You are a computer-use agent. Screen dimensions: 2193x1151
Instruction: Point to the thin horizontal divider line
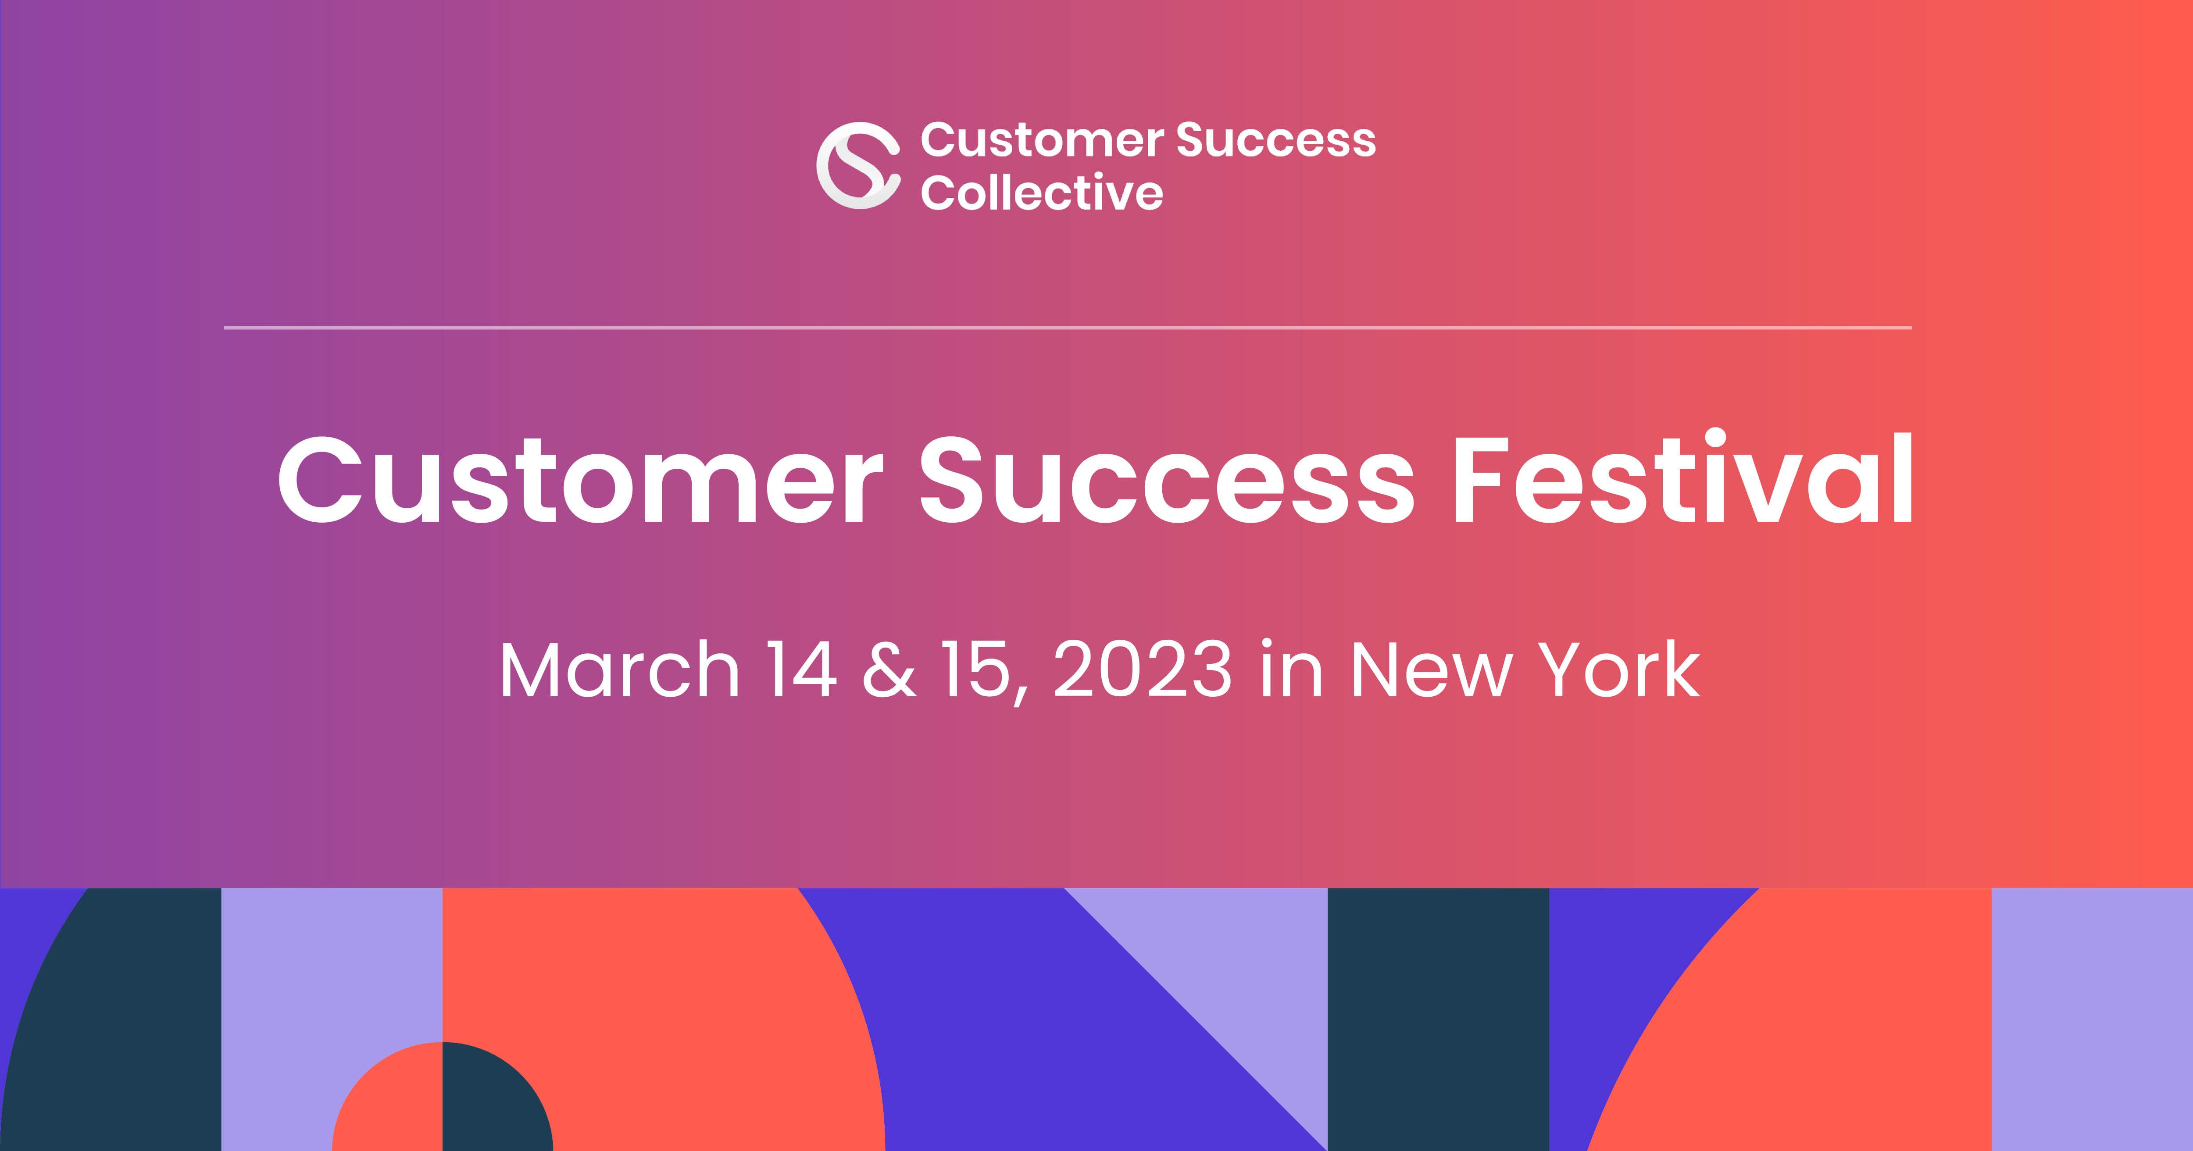click(x=1068, y=327)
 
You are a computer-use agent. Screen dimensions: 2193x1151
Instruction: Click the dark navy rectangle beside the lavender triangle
click(x=1439, y=1019)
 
